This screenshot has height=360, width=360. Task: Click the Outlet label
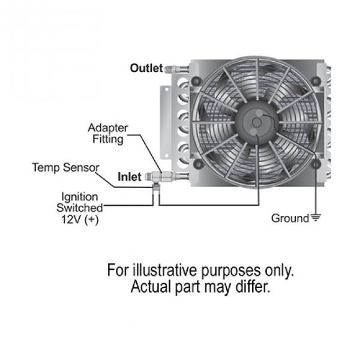click(x=146, y=68)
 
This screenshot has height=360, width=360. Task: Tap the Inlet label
click(x=130, y=177)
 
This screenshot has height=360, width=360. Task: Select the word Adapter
click(x=107, y=128)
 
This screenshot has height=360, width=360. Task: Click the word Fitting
click(x=107, y=139)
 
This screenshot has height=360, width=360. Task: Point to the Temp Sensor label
click(x=65, y=167)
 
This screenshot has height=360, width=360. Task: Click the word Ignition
click(x=79, y=197)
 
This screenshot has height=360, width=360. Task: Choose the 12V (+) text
click(x=80, y=220)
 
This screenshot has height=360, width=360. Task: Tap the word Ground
click(x=290, y=218)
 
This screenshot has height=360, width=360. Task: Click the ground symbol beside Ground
click(x=316, y=217)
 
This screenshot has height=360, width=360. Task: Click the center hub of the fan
click(x=257, y=122)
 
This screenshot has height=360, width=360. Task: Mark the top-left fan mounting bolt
click(x=197, y=80)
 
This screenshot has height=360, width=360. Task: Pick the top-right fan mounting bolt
click(x=316, y=80)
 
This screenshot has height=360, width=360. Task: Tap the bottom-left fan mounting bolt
click(x=198, y=163)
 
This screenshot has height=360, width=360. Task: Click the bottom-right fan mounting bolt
click(x=316, y=164)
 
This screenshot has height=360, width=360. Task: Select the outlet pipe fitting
click(x=176, y=68)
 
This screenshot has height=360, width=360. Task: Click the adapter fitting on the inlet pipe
click(x=162, y=177)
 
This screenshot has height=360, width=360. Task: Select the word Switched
click(x=80, y=208)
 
